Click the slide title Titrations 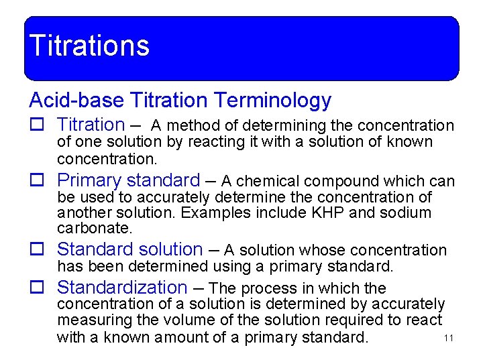pos(89,46)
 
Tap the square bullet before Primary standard pos(37,181)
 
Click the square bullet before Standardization pos(37,288)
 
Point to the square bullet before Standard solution pos(37,250)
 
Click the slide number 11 pos(449,338)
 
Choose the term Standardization pos(122,288)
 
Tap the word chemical pos(267,181)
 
